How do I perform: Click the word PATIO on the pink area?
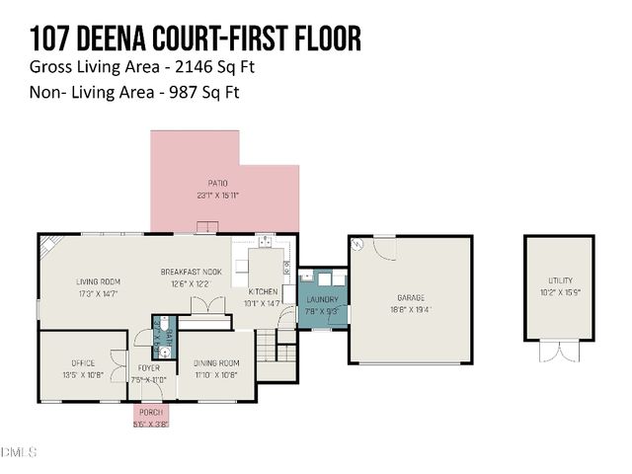(x=218, y=184)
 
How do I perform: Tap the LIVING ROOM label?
(x=98, y=281)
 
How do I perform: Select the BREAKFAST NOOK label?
(x=192, y=272)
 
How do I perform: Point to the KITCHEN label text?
(x=263, y=292)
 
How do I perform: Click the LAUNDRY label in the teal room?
(x=322, y=300)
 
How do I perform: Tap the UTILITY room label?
(x=558, y=281)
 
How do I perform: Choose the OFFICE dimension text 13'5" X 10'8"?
(x=82, y=374)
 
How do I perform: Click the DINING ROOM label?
(x=215, y=362)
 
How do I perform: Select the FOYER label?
(x=149, y=368)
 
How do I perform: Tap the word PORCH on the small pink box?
(x=151, y=412)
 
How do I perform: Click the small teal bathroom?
(x=163, y=335)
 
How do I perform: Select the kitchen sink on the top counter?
(x=264, y=239)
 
